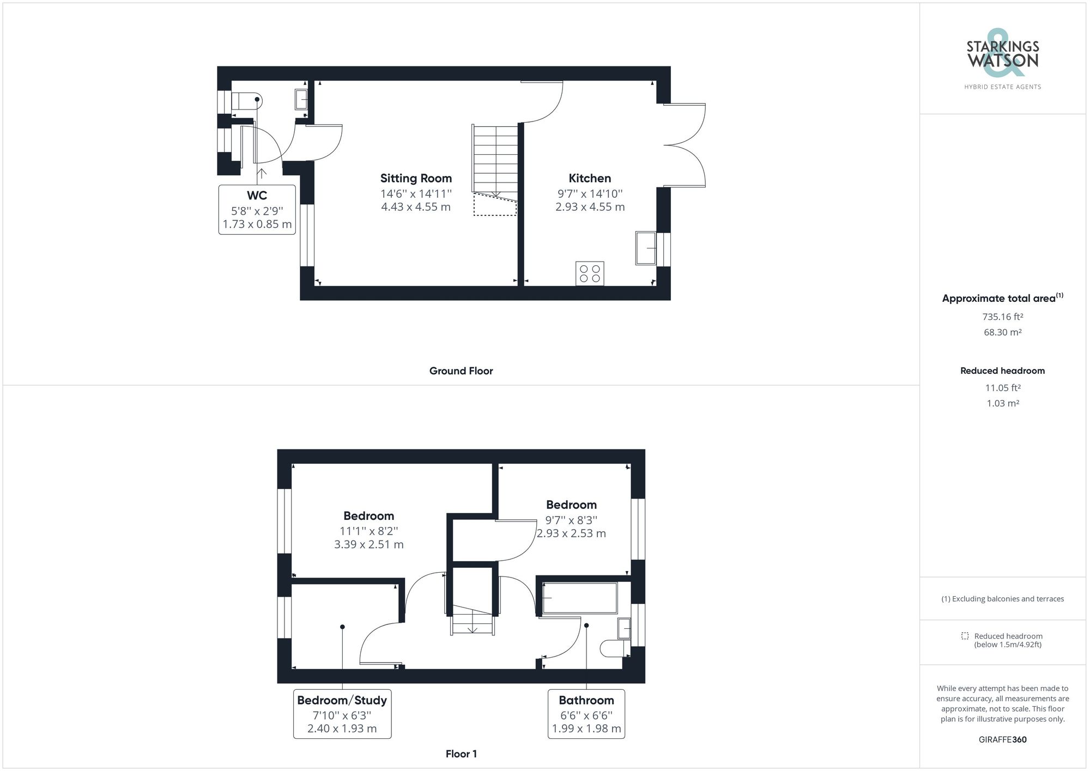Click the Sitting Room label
[416, 178]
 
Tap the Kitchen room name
[590, 178]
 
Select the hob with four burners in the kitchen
[590, 274]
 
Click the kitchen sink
[646, 248]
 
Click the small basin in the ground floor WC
[301, 100]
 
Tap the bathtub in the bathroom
[579, 598]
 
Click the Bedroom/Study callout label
[342, 701]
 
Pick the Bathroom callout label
[586, 701]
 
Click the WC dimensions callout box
[257, 210]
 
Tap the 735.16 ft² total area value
[1002, 317]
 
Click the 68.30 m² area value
[1002, 332]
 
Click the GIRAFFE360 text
[1002, 739]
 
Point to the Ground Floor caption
[461, 371]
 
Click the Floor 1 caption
[461, 754]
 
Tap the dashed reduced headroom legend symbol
[965, 636]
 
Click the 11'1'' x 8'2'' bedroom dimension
[368, 531]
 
